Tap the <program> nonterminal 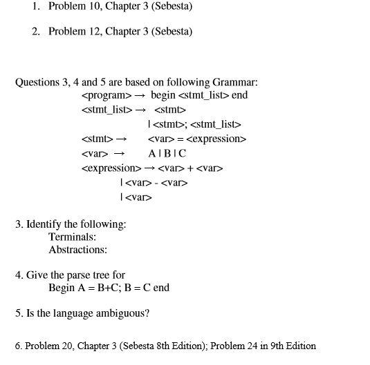pyautogui.click(x=106, y=95)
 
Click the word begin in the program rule pyautogui.click(x=163, y=95)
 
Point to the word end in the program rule pyautogui.click(x=239, y=95)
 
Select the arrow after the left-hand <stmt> pyautogui.click(x=118, y=139)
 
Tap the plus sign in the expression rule pyautogui.click(x=192, y=168)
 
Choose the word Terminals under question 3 pyautogui.click(x=72, y=237)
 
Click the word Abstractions pyautogui.click(x=77, y=250)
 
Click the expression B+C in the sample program pyautogui.click(x=106, y=288)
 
